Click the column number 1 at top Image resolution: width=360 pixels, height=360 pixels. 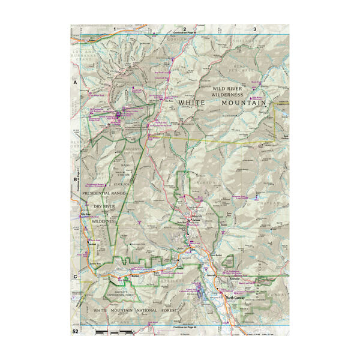click(113, 29)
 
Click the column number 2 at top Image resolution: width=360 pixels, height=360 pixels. click(185, 29)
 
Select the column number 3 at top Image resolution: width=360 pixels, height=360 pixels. click(255, 29)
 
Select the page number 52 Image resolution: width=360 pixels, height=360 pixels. click(76, 331)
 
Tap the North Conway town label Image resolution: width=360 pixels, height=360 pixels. click(236, 298)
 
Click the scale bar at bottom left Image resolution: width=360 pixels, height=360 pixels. click(114, 332)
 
